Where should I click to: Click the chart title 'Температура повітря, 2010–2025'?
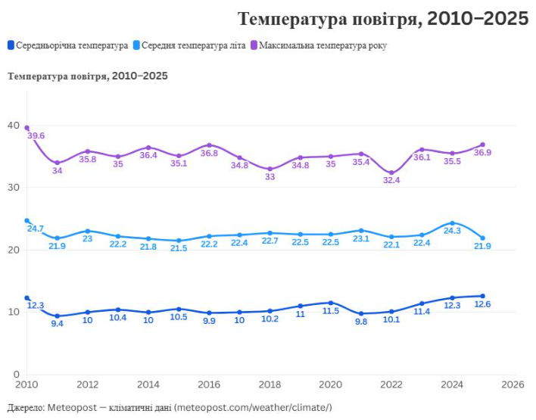382,19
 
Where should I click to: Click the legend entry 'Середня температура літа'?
193,45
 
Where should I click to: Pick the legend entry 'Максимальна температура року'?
323,45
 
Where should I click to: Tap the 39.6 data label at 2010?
36,135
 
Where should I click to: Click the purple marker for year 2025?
483,145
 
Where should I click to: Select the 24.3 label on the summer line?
453,232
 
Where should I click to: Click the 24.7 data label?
36,228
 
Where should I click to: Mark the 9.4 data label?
58,324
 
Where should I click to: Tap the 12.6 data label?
483,305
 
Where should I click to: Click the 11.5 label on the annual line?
331,311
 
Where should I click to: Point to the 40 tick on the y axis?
13,125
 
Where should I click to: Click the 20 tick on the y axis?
13,250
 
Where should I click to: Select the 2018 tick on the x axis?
270,384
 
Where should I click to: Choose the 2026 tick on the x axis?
513,384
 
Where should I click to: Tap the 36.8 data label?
209,154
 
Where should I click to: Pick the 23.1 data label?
361,238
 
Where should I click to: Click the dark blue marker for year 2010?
27,298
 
